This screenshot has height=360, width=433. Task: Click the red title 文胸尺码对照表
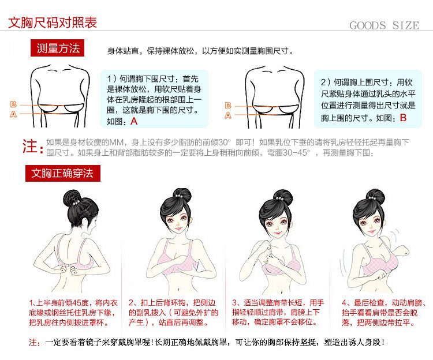click(53, 22)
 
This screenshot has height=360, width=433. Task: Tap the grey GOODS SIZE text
click(385, 25)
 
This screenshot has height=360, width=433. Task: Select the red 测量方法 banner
click(57, 48)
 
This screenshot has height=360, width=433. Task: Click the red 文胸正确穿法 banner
click(63, 173)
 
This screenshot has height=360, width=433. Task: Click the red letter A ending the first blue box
click(134, 121)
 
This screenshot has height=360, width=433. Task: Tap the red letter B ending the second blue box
click(403, 118)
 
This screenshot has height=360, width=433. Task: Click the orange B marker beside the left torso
click(13, 104)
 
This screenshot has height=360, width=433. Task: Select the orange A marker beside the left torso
click(13, 114)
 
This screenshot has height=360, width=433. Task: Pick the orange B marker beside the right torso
click(228, 106)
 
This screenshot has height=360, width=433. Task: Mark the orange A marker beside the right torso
click(228, 115)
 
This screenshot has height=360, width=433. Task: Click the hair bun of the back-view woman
click(72, 197)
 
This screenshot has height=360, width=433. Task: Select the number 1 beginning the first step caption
click(31, 303)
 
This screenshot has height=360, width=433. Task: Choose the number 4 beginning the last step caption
click(344, 303)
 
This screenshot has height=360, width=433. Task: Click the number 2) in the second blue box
click(326, 82)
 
